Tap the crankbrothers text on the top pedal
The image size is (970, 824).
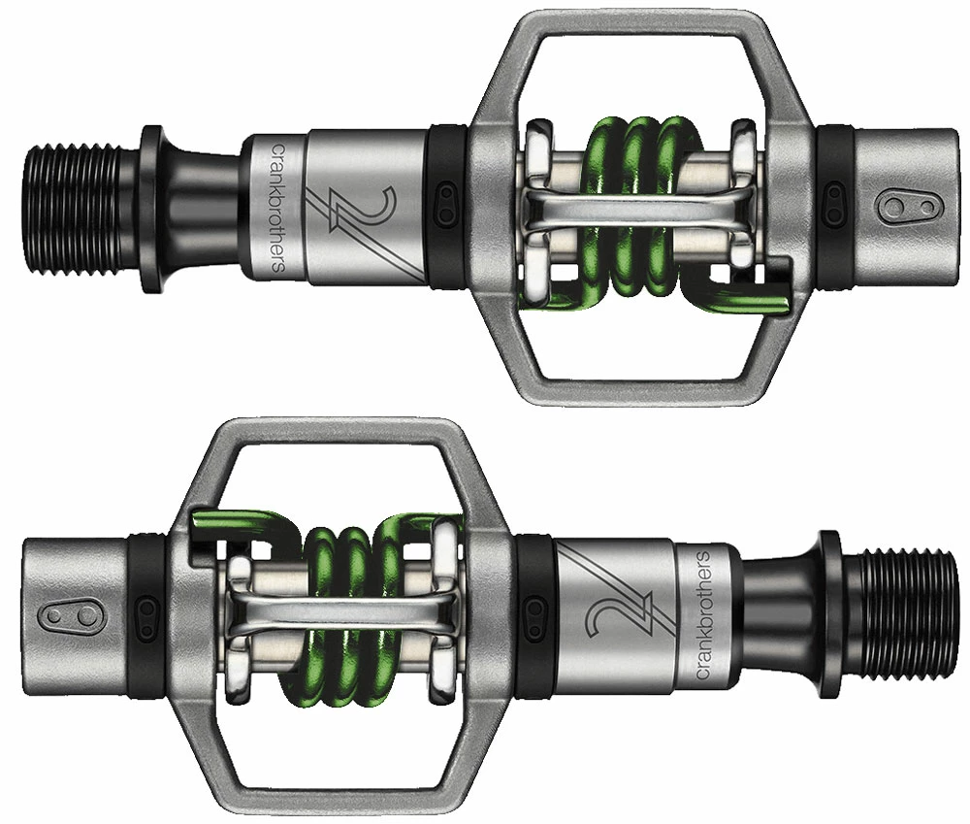276,208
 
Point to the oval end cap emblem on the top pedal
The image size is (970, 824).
896,207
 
